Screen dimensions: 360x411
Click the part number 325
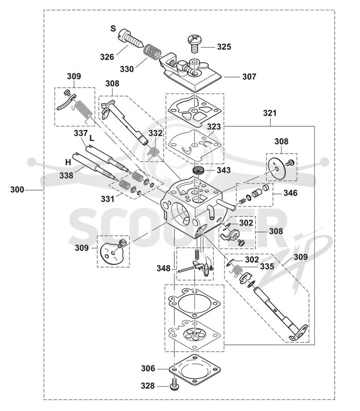224,47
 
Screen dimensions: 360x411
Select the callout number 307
249,77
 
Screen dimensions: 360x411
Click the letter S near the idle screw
113,29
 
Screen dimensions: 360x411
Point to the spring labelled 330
151,51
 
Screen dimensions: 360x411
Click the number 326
107,57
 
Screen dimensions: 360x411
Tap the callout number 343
224,171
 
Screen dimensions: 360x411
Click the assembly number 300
17,190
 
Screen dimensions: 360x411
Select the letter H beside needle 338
68,162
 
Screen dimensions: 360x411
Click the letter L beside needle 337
92,138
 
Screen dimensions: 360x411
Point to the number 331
108,199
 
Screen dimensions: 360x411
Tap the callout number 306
148,368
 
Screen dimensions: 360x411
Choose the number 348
164,268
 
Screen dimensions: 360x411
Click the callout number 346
291,193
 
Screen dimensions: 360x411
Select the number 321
269,113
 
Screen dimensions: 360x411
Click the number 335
267,267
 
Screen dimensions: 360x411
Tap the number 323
214,126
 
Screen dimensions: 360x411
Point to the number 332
156,133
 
